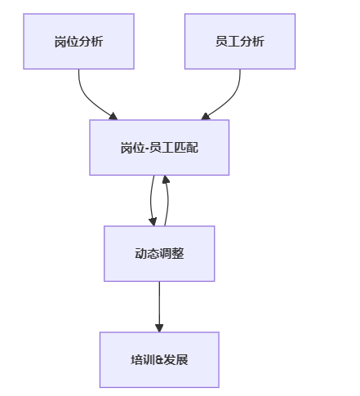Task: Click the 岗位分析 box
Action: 78,42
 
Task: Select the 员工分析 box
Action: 240,42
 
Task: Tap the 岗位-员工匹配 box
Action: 159,148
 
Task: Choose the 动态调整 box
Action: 159,254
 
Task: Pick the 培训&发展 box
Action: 159,360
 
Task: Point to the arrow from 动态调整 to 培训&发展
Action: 159,307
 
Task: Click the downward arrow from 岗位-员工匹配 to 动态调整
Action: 151,201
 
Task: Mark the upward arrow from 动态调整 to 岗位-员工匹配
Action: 168,201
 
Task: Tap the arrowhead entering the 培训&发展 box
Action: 159,328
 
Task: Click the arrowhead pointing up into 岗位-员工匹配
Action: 166,180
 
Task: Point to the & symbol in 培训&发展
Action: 159,360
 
